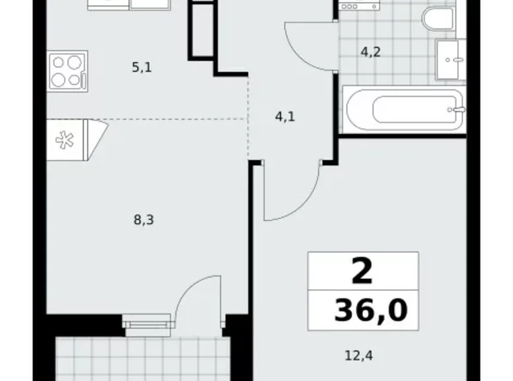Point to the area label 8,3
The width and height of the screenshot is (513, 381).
click(x=145, y=221)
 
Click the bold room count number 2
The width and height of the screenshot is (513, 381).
click(x=362, y=271)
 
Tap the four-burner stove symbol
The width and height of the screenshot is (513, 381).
click(x=68, y=72)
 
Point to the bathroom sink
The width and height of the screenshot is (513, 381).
click(x=451, y=59)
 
